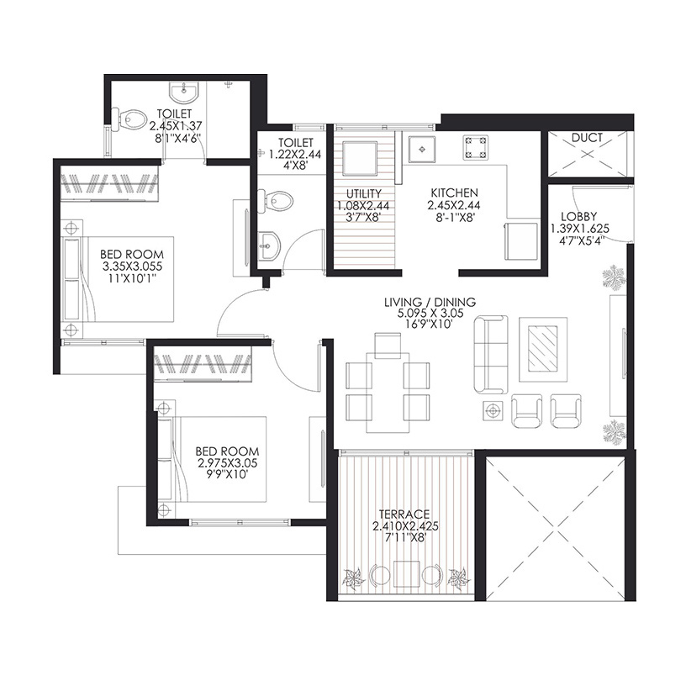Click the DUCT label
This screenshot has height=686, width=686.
(587, 138)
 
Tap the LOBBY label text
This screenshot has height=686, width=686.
(578, 217)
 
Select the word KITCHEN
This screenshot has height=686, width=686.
(454, 193)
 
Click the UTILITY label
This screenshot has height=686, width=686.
(363, 193)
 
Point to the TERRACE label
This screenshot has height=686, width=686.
(404, 514)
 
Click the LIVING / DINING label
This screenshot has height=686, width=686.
(430, 302)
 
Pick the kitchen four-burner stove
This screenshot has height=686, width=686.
(476, 147)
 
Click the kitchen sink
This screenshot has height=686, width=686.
(422, 150)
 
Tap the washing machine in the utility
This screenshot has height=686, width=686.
(359, 158)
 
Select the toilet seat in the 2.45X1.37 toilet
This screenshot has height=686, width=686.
(130, 119)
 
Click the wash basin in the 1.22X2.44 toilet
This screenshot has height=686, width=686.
(269, 245)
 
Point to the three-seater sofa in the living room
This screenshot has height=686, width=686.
(491, 355)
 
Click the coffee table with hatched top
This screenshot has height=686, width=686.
(543, 349)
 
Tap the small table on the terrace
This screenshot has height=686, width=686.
(406, 574)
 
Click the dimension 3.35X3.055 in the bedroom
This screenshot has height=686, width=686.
(132, 266)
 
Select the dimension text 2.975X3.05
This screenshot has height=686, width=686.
(227, 463)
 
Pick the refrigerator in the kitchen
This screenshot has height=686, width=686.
(520, 241)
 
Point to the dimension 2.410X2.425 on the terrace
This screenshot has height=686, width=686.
(405, 526)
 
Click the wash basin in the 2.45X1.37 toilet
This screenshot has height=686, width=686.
(184, 92)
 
